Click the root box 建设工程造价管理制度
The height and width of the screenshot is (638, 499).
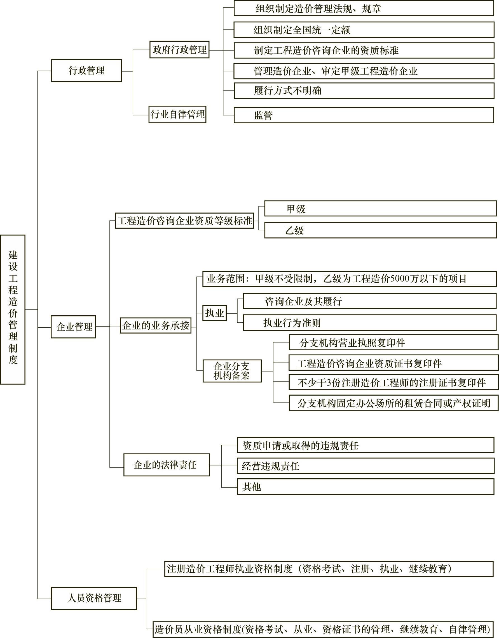[13, 309]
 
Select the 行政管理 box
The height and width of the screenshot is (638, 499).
[86, 71]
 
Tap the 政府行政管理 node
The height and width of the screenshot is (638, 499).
[179, 50]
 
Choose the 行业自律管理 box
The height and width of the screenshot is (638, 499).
[177, 114]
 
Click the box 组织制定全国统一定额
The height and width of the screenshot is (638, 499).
[364, 30]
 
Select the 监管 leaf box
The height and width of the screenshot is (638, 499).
[364, 115]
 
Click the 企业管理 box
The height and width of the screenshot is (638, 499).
[73, 327]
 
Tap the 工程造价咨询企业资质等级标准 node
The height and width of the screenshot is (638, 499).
[184, 221]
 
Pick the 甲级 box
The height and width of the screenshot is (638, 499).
[380, 209]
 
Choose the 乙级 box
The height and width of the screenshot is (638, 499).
[380, 230]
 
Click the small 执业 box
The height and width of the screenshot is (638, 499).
[214, 313]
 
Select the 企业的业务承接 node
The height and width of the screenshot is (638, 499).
[156, 325]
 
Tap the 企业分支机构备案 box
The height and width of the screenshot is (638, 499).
[232, 371]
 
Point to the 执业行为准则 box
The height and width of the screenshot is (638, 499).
[369, 323]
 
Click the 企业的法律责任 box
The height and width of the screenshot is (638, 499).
[167, 465]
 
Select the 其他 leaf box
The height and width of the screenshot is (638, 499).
[365, 487]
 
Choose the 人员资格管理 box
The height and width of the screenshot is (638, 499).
[94, 598]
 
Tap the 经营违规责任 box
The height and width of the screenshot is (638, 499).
[365, 466]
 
